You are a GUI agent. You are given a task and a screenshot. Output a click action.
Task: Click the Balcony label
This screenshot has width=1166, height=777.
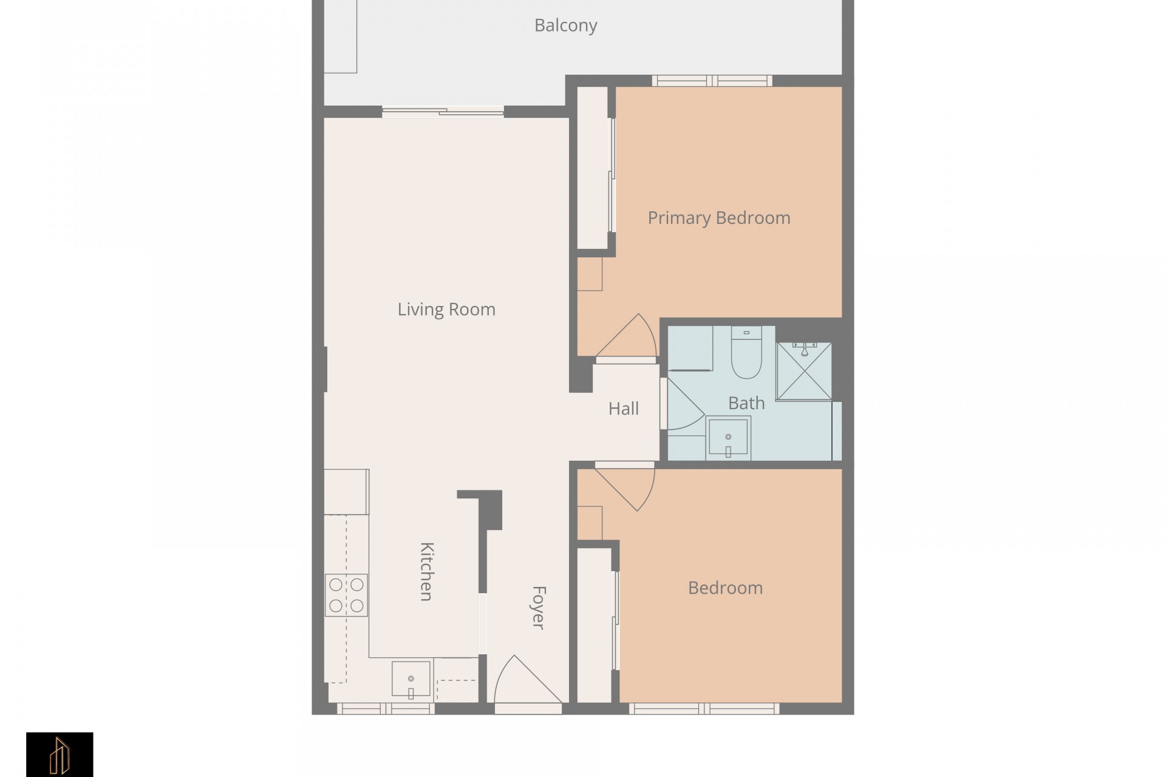pyautogui.click(x=565, y=25)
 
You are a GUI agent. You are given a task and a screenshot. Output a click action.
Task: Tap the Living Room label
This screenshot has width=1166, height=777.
pyautogui.click(x=446, y=310)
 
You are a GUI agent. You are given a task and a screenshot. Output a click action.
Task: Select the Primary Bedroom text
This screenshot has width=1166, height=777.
pyautogui.click(x=719, y=218)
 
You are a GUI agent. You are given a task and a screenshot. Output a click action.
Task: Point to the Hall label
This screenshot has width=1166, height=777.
pyautogui.click(x=624, y=409)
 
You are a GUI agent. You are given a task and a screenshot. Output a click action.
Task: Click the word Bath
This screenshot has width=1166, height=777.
pyautogui.click(x=746, y=403)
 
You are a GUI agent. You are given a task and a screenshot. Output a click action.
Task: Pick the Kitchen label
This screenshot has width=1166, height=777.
pyautogui.click(x=426, y=571)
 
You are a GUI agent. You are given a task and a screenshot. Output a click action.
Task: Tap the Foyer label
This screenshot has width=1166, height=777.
pyautogui.click(x=538, y=607)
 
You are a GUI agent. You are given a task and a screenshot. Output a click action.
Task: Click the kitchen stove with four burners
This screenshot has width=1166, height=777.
pyautogui.click(x=346, y=595)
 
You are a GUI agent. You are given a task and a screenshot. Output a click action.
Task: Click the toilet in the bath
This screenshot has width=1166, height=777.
pyautogui.click(x=746, y=353)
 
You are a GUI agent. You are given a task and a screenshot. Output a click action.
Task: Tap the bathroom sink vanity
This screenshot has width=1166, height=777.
pyautogui.click(x=728, y=438)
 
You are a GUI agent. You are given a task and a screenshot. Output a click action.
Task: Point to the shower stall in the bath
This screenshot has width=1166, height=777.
pyautogui.click(x=804, y=371)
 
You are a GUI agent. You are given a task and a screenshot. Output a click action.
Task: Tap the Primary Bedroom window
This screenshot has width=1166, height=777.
pyautogui.click(x=712, y=81)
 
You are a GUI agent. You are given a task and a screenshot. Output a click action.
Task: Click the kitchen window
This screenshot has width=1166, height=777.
pyautogui.click(x=386, y=708)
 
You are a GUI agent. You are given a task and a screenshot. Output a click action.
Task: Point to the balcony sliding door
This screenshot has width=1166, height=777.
pyautogui.click(x=443, y=112)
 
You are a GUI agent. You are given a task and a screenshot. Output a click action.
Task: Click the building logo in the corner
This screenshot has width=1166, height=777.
pyautogui.click(x=60, y=755)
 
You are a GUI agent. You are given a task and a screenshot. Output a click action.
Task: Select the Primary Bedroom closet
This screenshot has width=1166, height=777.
pyautogui.click(x=593, y=168)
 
